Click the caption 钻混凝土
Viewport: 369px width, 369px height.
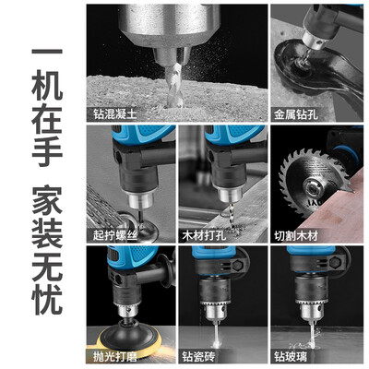(114, 114)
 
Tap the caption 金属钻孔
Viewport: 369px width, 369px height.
(296, 114)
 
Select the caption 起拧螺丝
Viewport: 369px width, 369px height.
(114, 235)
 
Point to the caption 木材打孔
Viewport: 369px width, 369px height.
(204, 235)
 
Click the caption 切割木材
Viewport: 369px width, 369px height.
(296, 235)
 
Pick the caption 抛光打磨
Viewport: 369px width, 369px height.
(114, 357)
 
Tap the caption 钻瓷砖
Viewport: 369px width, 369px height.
(198, 357)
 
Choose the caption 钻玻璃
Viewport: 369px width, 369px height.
(291, 357)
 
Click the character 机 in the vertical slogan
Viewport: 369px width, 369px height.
(47, 86)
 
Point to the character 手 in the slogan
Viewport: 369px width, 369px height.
(47, 151)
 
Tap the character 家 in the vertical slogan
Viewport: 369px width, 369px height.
(47, 200)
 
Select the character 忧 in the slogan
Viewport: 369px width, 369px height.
(47, 299)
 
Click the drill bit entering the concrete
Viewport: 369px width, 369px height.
(174, 86)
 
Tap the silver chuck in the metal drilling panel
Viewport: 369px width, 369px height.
(314, 40)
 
